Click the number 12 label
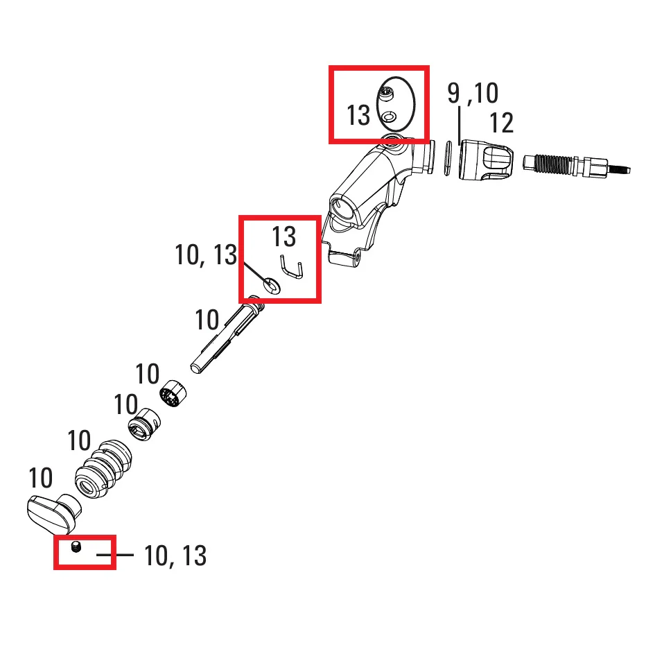tap(501, 123)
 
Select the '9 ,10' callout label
tap(473, 93)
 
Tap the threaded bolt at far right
tap(576, 165)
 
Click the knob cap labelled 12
tap(486, 160)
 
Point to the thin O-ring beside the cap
tap(448, 158)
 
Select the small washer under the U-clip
tap(272, 285)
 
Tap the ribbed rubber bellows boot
tap(103, 469)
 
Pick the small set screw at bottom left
tap(76, 547)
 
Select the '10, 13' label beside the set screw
tap(175, 556)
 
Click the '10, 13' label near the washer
tap(206, 255)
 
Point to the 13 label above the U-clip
tap(284, 237)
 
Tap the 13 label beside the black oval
tap(358, 115)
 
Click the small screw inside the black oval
tap(387, 94)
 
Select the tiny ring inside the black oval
tap(389, 117)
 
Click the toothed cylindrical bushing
tap(173, 394)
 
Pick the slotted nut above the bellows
tap(143, 424)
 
